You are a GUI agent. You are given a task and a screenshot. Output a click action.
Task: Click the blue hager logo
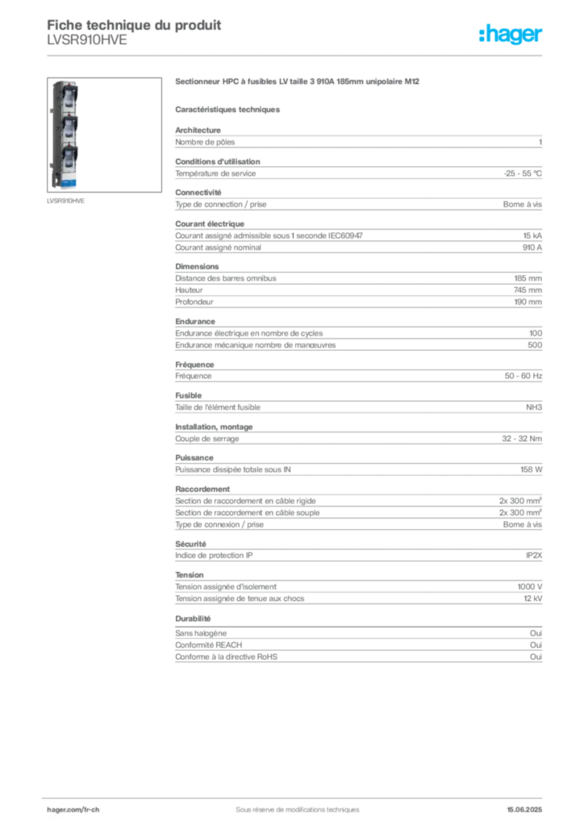tap(511, 35)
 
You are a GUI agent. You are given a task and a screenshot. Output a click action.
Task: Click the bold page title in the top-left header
tap(133, 23)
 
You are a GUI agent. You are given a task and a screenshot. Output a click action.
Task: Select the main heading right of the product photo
tap(299, 81)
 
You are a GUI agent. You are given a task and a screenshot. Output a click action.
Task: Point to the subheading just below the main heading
tap(229, 109)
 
